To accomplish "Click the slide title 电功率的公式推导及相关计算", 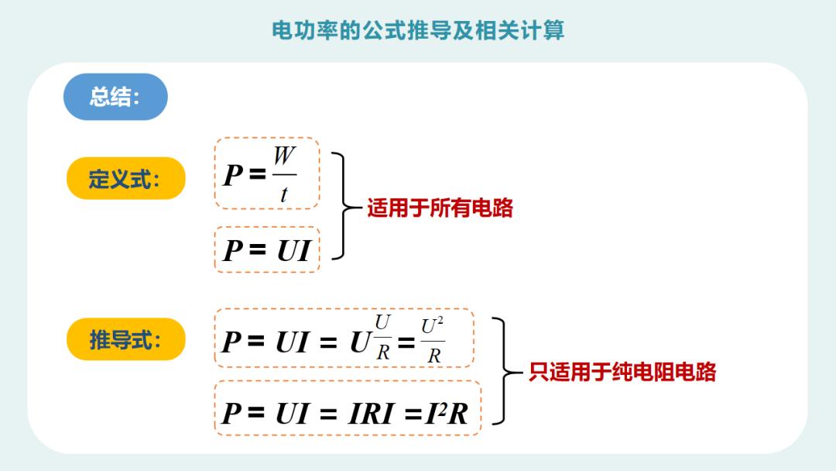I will click(x=418, y=30).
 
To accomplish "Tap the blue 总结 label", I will click(x=115, y=97).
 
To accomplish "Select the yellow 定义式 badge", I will click(x=125, y=179).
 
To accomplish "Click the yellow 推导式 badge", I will click(x=125, y=339).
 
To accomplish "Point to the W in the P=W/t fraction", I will click(x=284, y=156).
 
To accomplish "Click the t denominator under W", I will click(x=284, y=194).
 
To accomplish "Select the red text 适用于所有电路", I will click(x=440, y=208).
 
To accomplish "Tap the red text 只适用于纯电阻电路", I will click(x=622, y=371).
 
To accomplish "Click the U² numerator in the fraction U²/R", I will click(x=433, y=327).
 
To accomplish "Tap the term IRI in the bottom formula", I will click(x=374, y=414).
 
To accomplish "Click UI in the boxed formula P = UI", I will click(x=293, y=251).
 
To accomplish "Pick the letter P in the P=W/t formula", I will click(x=233, y=176).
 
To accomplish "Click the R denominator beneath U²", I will click(x=433, y=356).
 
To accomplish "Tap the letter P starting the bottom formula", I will click(x=231, y=413).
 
